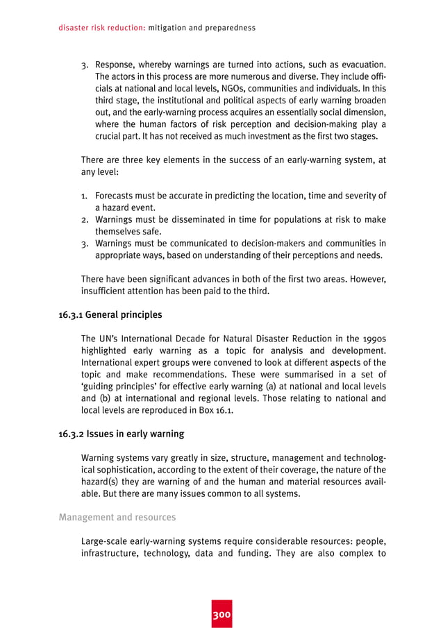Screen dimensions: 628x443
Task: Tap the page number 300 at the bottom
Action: point(221,615)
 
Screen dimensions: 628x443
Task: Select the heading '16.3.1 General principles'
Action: point(110,315)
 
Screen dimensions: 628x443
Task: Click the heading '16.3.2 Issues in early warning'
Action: point(122,434)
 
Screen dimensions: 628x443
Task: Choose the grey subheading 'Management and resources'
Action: point(117,517)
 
